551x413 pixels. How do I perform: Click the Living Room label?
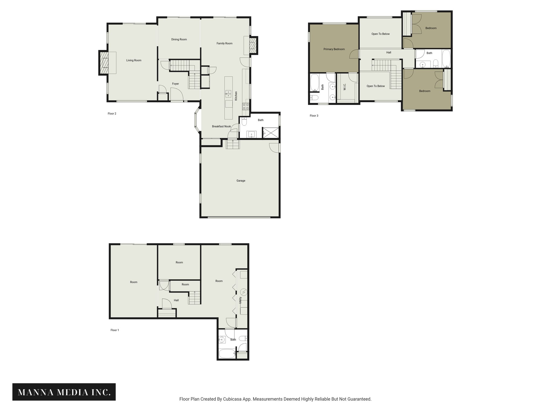[x=134, y=60]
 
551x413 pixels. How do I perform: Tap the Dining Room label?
[x=179, y=40]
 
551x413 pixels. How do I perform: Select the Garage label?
[x=241, y=181]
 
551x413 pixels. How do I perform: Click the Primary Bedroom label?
[x=334, y=49]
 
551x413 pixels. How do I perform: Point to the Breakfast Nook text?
[x=221, y=126]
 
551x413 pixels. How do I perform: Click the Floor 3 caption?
[x=314, y=116]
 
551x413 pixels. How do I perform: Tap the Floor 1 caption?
[x=115, y=330]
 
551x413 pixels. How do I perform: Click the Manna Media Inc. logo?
[x=64, y=392]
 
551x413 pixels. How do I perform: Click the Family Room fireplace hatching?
[x=253, y=45]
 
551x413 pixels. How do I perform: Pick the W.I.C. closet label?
[x=345, y=87]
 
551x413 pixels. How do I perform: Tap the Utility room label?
[x=241, y=300]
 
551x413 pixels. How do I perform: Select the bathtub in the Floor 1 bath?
[x=227, y=353]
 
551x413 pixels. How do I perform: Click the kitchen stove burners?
[x=246, y=106]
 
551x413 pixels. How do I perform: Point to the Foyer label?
[x=175, y=84]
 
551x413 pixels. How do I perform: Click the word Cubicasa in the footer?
[x=232, y=399]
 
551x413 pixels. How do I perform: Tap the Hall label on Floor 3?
[x=388, y=53]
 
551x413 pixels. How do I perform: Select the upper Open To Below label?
[x=380, y=34]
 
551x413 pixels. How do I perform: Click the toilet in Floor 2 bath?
[x=244, y=122]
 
